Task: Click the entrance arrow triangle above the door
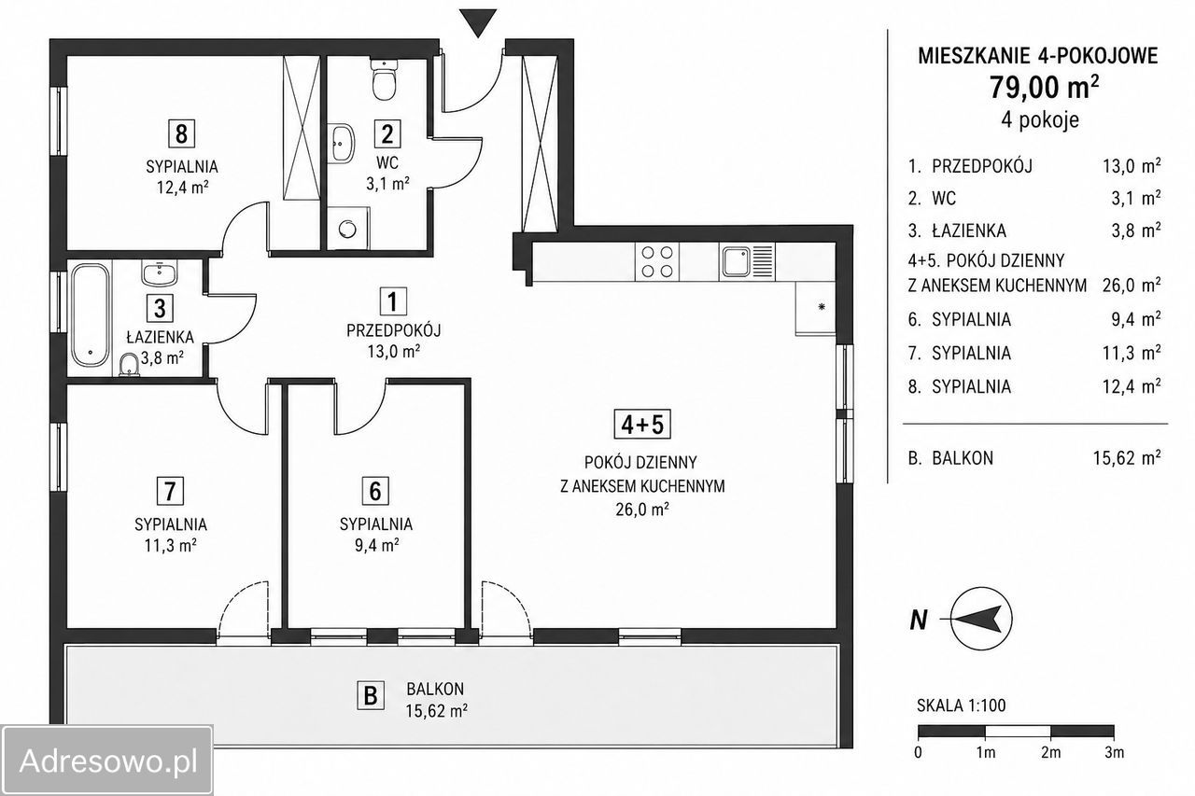(478, 21)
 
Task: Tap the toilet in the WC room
(384, 79)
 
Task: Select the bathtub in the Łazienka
(91, 314)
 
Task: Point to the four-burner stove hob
(656, 262)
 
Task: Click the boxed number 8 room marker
(181, 133)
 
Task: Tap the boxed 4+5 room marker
(642, 425)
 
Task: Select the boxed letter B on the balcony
(371, 695)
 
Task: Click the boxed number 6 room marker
(375, 491)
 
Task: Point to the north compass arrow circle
(981, 619)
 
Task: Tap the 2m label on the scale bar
(1050, 753)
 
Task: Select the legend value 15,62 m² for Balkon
(1127, 458)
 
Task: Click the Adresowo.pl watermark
(107, 761)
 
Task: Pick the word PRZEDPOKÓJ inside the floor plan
(393, 330)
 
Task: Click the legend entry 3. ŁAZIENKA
(957, 230)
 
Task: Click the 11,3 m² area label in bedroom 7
(170, 545)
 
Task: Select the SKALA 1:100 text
(961, 705)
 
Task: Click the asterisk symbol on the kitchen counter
(822, 307)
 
